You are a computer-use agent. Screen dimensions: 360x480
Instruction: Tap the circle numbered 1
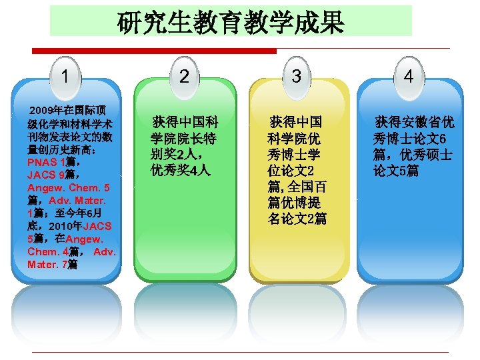(x=65, y=75)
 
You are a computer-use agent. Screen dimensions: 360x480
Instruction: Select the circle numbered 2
(x=184, y=76)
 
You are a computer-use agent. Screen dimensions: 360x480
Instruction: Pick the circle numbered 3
(x=296, y=76)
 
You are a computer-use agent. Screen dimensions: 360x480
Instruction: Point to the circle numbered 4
(x=409, y=77)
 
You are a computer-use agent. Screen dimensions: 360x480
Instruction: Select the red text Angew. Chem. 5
(x=69, y=187)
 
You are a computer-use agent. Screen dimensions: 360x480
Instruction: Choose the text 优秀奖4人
(x=180, y=171)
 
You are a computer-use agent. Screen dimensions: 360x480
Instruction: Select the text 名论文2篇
(x=297, y=219)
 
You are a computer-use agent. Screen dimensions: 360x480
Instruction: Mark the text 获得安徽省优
(x=415, y=123)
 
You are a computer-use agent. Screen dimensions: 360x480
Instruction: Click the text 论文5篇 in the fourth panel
(x=396, y=171)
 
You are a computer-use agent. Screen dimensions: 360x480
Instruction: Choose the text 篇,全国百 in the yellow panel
(x=297, y=187)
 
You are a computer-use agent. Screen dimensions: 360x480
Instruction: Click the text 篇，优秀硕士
(x=413, y=155)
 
